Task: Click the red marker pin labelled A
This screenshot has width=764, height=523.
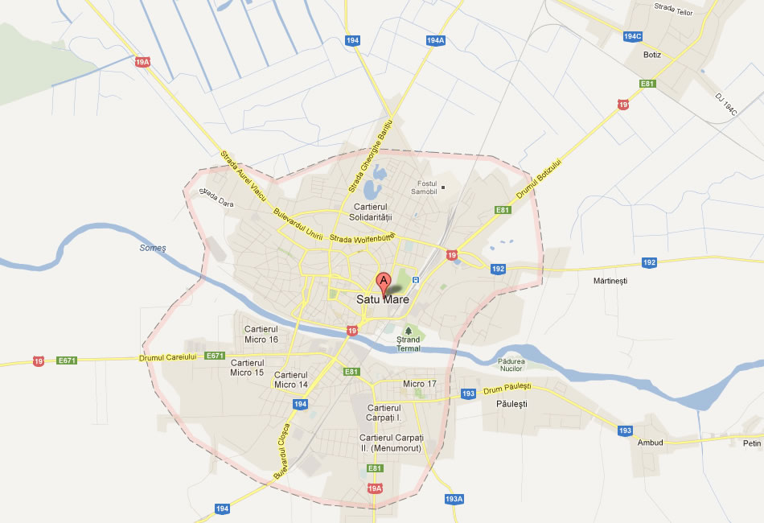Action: click(384, 282)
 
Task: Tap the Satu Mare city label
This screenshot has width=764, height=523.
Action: click(383, 300)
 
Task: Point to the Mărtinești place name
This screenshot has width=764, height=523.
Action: click(610, 281)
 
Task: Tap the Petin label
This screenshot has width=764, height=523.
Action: click(751, 443)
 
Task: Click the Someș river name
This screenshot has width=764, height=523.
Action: click(152, 248)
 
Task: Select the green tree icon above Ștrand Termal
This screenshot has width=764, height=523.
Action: click(409, 330)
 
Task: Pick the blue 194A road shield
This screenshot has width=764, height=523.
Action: click(435, 40)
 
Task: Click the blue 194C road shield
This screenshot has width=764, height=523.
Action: click(633, 36)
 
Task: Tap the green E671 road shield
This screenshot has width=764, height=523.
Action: click(215, 356)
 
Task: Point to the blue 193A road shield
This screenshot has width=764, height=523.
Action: click(454, 499)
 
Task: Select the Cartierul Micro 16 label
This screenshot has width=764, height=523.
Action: click(261, 335)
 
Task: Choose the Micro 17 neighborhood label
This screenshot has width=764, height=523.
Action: click(420, 384)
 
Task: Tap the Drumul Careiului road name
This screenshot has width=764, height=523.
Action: click(168, 357)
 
